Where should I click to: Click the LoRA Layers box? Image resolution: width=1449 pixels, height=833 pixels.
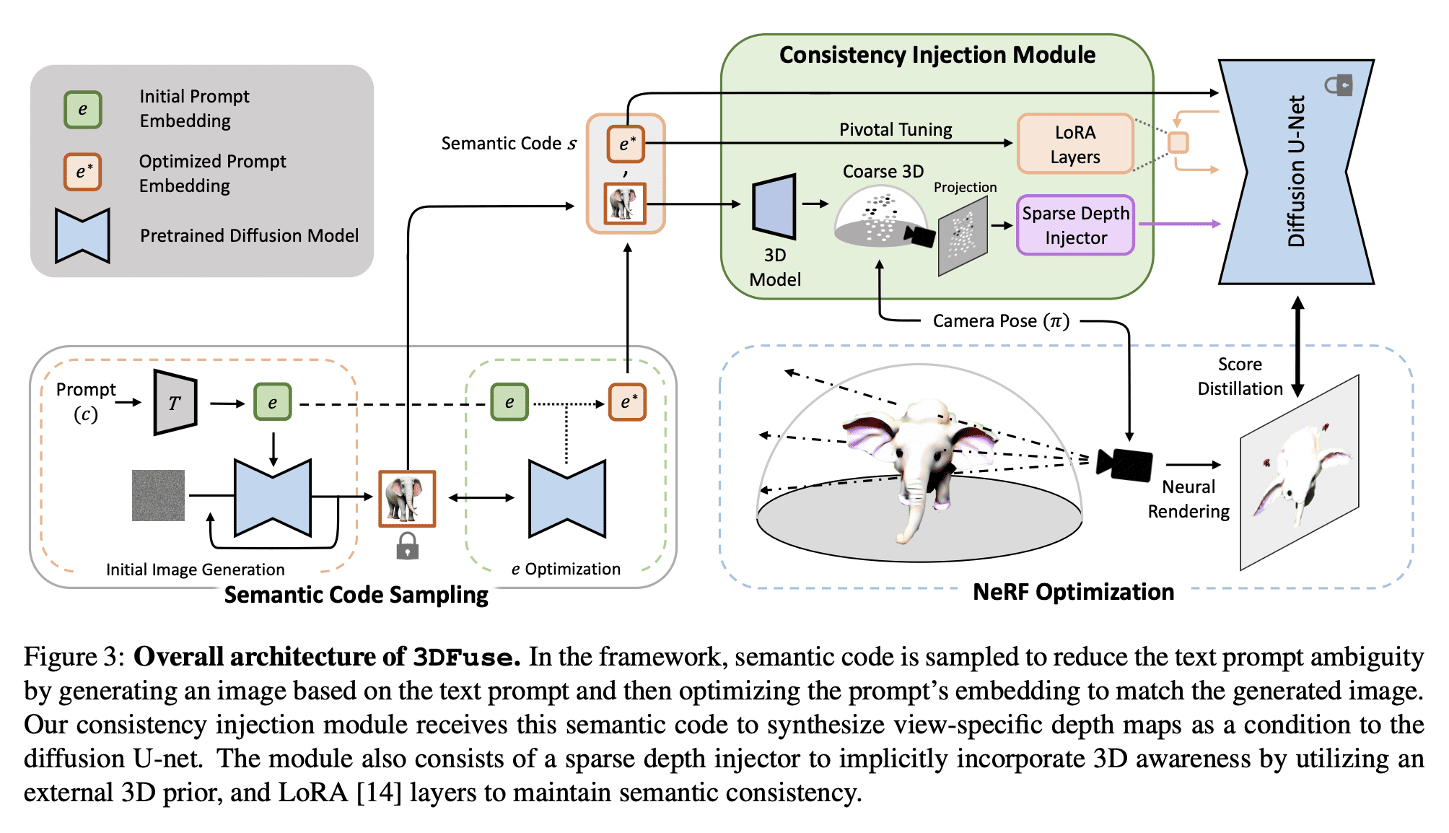[1074, 144]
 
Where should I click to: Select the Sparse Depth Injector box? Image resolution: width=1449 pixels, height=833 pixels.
[1074, 225]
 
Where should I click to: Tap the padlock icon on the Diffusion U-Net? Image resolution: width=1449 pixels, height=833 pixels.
[1339, 85]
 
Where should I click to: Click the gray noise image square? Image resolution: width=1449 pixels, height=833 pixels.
[158, 495]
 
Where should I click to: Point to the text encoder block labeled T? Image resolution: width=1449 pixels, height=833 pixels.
[175, 403]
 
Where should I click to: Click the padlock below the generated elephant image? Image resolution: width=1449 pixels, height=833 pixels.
[407, 546]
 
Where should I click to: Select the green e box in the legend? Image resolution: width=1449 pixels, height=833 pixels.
[82, 110]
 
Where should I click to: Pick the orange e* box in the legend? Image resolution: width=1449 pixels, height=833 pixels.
[82, 172]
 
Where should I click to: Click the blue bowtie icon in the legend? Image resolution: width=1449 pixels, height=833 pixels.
[82, 235]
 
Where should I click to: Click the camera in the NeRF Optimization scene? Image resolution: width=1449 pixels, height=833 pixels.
[1124, 464]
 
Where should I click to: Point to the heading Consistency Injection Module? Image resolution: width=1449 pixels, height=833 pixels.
[937, 55]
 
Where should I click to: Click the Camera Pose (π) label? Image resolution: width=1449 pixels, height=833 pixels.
[1000, 321]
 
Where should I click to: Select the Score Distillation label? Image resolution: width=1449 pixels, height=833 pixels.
[1240, 376]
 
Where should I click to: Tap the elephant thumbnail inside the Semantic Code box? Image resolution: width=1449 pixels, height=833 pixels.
[625, 204]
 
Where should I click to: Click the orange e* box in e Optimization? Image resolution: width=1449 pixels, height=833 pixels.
[626, 402]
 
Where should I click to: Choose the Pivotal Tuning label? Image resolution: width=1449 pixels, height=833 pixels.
[895, 130]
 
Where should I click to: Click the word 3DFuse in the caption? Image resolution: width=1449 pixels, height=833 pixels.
[465, 658]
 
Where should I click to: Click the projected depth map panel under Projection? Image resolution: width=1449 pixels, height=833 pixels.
[962, 237]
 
